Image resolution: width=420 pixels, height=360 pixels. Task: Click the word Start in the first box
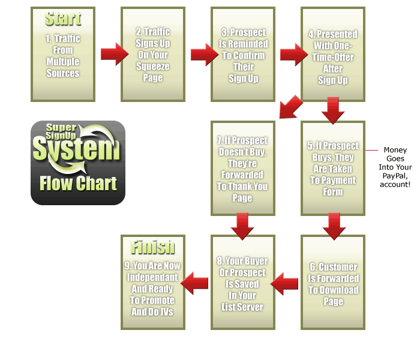click(x=63, y=19)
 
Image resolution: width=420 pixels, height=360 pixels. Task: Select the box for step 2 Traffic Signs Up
click(x=152, y=55)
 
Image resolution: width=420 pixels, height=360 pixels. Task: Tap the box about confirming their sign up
click(x=243, y=55)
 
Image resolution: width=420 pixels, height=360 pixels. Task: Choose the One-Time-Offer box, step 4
click(x=333, y=55)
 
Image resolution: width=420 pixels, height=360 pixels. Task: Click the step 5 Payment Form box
click(x=333, y=169)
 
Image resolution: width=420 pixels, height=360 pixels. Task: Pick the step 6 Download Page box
click(x=333, y=283)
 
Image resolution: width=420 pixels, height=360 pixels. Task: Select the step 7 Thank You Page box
click(x=243, y=169)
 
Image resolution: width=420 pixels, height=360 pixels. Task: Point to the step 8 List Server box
click(x=243, y=283)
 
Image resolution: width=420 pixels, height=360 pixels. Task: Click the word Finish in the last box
click(x=153, y=247)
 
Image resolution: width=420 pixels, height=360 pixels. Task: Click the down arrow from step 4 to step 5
click(x=333, y=110)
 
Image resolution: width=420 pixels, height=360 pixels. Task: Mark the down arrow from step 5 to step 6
click(x=333, y=224)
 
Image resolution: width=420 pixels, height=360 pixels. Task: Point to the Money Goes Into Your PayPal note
click(x=395, y=167)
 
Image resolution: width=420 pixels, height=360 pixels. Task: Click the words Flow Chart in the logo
click(x=78, y=183)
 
